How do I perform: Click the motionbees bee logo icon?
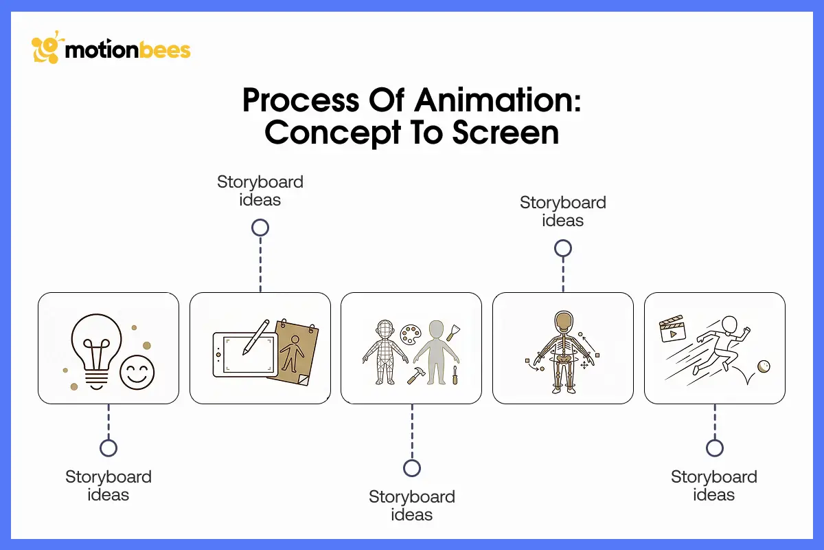click(x=46, y=49)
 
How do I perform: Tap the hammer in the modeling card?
click(x=416, y=375)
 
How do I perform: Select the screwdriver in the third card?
click(x=455, y=375)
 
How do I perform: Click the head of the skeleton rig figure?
click(x=563, y=322)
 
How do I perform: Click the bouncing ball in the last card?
click(x=764, y=366)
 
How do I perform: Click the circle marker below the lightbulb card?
click(x=108, y=448)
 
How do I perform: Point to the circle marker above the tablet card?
click(x=260, y=228)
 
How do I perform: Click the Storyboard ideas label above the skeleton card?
click(x=562, y=211)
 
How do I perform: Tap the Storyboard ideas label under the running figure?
click(x=714, y=485)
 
